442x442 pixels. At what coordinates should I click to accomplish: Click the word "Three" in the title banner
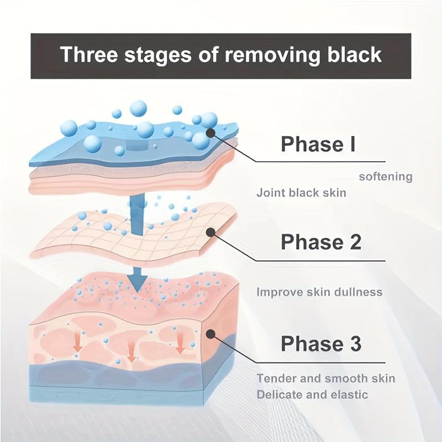(89, 54)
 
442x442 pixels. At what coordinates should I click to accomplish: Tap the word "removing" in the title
(272, 55)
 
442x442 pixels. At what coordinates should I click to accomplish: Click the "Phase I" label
(318, 144)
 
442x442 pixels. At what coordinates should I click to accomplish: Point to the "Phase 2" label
(321, 241)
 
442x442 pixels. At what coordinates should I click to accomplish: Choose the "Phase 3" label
(321, 343)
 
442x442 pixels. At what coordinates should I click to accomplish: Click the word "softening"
(386, 177)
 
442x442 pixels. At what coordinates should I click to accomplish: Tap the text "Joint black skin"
(301, 193)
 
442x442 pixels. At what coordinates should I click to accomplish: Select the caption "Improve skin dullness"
(319, 292)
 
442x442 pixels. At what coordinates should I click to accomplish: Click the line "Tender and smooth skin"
(326, 378)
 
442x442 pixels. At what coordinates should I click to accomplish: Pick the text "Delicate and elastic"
(312, 394)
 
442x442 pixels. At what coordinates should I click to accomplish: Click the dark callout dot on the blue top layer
(211, 133)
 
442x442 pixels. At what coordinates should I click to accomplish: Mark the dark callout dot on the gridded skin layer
(211, 232)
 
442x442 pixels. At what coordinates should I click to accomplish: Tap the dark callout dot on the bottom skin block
(211, 334)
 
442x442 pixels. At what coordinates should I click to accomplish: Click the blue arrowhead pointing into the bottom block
(137, 283)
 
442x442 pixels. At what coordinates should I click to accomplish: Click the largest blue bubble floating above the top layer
(139, 108)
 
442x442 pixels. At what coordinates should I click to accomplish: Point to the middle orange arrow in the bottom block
(131, 351)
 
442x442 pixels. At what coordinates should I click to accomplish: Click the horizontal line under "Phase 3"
(320, 363)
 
